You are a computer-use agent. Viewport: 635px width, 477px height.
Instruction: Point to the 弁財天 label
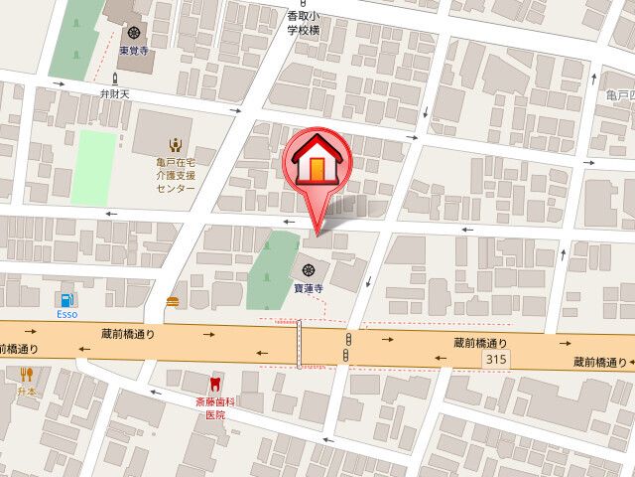(x=116, y=93)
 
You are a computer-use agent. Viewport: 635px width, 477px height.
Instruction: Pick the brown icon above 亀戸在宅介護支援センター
(x=175, y=141)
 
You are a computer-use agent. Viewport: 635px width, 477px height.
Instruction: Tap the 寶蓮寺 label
(x=309, y=289)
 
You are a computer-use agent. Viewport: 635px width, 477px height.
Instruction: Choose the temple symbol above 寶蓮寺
(x=309, y=268)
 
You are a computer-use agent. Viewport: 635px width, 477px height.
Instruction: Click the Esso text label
(x=66, y=315)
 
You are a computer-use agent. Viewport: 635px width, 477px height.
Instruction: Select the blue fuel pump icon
(x=66, y=298)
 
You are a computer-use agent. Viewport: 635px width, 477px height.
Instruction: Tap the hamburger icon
(x=174, y=298)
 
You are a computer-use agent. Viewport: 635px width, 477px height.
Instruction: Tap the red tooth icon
(x=214, y=383)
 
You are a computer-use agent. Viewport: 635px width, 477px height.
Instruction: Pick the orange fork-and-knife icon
(x=27, y=375)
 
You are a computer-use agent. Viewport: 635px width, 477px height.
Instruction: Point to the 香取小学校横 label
(x=304, y=24)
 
